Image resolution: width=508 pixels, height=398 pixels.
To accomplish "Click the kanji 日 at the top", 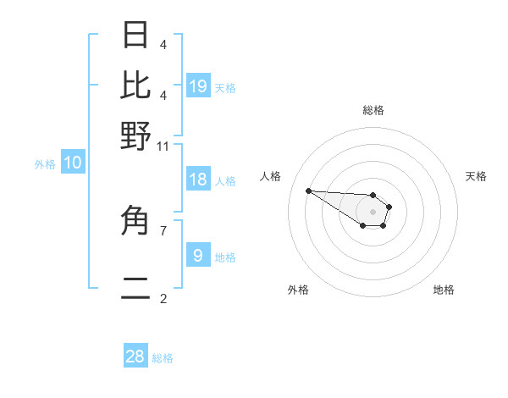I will (136, 36).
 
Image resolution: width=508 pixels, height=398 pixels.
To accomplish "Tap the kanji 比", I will (136, 86).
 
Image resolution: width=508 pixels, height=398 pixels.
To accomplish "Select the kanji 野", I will (136, 135).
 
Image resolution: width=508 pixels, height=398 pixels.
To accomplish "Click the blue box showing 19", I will (198, 86).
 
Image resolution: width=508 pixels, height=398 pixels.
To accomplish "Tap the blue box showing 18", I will (198, 180).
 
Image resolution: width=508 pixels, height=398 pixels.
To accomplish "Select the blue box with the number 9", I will (198, 256).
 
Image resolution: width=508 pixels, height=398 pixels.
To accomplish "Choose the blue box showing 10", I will (73, 163).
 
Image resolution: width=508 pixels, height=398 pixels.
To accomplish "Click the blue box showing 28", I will (135, 357).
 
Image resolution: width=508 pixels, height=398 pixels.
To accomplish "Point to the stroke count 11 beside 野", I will (163, 146).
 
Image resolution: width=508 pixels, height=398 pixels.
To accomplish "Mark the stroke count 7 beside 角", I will (163, 229).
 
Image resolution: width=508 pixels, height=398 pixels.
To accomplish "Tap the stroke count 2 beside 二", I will (163, 299).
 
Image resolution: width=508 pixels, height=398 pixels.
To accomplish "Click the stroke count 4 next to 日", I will (163, 43).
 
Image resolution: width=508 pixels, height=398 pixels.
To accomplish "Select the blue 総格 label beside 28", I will (163, 358).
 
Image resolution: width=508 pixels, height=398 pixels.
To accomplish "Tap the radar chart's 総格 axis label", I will (373, 110).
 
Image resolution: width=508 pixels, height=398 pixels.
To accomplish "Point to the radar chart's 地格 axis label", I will (444, 290).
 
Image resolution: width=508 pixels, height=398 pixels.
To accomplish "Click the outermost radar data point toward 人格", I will (308, 191).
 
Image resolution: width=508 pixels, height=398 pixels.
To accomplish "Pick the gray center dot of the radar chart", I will (373, 212).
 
